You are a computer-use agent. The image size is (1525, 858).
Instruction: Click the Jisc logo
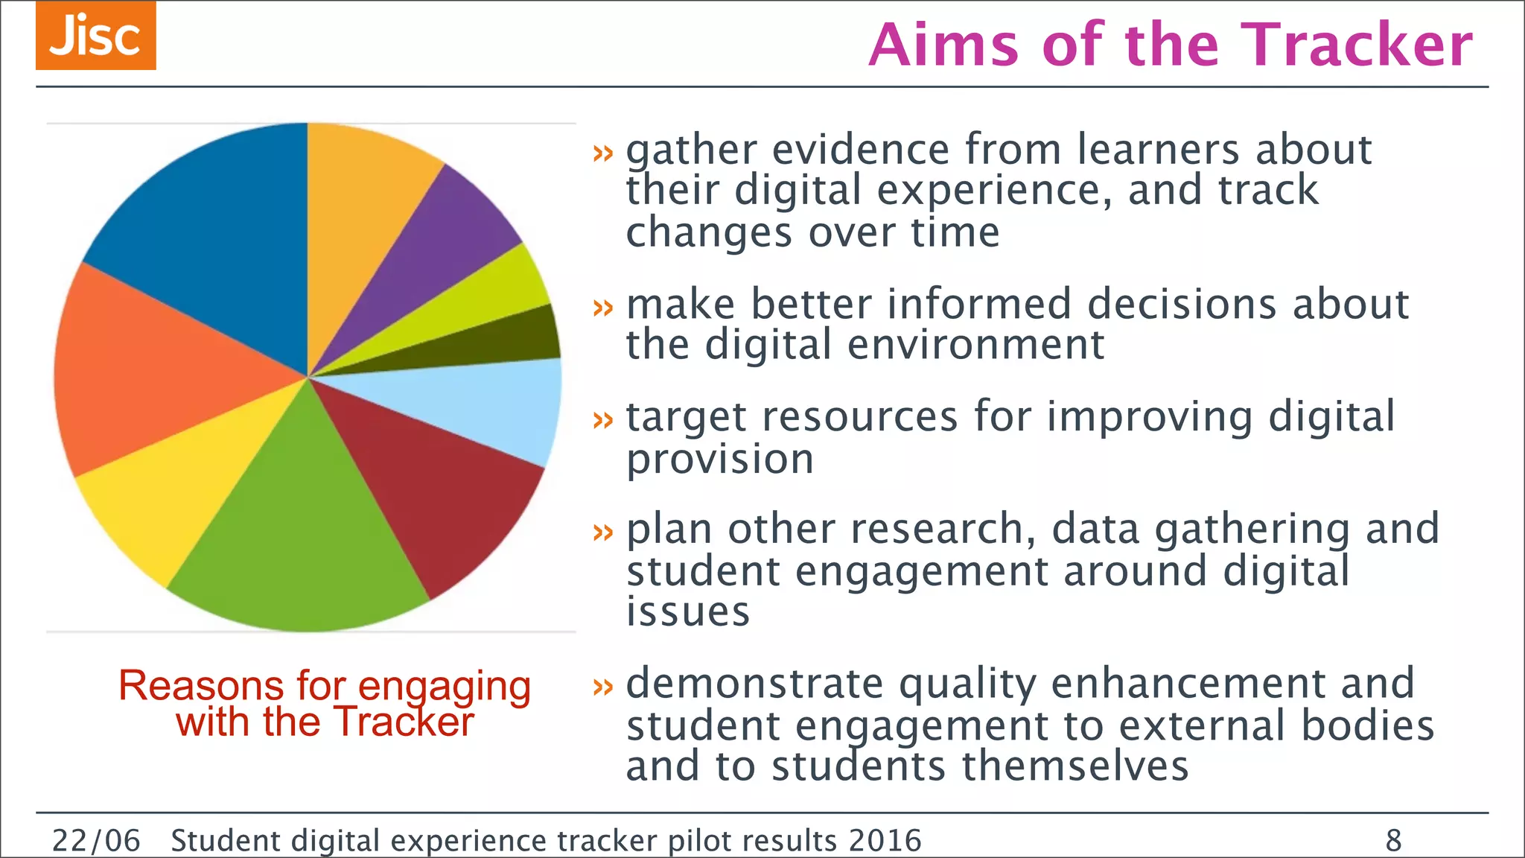[x=96, y=36]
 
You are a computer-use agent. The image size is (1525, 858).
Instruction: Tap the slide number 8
[x=1393, y=841]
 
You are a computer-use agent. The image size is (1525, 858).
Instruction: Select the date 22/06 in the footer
[x=96, y=841]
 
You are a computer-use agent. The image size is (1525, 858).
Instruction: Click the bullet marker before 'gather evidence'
[x=602, y=153]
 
